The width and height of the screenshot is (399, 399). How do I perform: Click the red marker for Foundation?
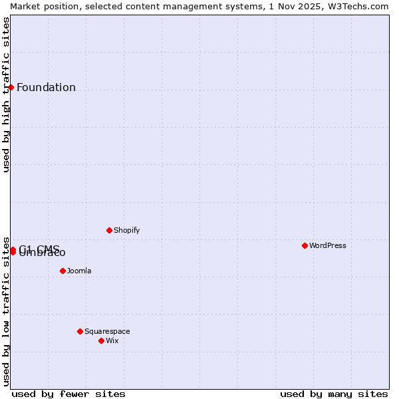(11, 87)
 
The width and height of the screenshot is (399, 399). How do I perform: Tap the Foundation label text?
(46, 88)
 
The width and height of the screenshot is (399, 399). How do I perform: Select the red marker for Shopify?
(109, 230)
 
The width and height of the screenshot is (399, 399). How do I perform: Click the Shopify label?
(126, 230)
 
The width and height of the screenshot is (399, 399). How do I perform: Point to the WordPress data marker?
(305, 245)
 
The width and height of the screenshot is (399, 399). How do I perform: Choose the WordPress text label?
(327, 245)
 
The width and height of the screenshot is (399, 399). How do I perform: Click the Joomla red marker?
(63, 271)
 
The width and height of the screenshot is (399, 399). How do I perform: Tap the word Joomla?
(78, 271)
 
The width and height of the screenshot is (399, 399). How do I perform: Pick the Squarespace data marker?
(80, 331)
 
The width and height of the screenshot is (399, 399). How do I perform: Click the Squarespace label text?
(107, 331)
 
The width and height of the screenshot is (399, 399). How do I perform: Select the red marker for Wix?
(101, 340)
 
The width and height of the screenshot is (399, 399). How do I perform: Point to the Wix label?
(112, 340)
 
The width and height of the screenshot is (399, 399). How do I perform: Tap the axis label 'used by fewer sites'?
(68, 394)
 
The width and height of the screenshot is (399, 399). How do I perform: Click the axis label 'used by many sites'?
(334, 394)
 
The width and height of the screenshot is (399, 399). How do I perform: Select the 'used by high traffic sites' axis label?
(6, 94)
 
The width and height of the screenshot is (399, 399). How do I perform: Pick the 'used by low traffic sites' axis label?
(6, 311)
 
